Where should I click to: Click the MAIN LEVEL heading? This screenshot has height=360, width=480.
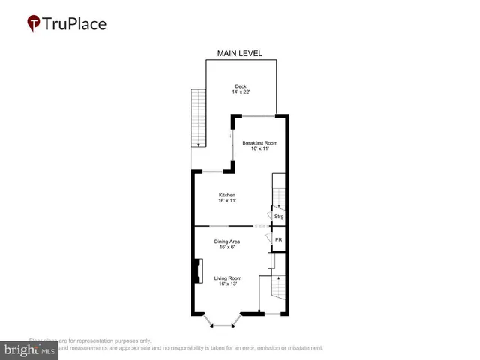click(x=240, y=53)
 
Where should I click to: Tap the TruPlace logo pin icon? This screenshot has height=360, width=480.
click(x=34, y=23)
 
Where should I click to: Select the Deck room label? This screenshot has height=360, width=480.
click(x=241, y=86)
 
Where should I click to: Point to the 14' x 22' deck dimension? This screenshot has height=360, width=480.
click(x=241, y=92)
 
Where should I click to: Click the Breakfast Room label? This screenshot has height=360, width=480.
click(x=260, y=142)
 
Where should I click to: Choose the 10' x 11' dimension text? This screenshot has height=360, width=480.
click(x=260, y=148)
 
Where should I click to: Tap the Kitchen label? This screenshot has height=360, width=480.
click(x=227, y=195)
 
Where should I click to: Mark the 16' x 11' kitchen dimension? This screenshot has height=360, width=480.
click(x=227, y=201)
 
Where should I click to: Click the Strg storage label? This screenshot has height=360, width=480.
click(x=279, y=217)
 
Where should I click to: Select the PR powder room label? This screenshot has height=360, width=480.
click(x=278, y=239)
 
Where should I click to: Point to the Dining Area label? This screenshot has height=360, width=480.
click(x=227, y=241)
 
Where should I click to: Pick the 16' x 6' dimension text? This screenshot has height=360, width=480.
click(x=227, y=247)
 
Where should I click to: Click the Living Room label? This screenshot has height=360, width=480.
click(x=227, y=278)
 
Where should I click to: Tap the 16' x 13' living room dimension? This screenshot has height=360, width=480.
click(x=227, y=284)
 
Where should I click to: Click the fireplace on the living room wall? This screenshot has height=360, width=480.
click(x=198, y=271)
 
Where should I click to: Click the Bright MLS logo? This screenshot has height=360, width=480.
click(x=30, y=349)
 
